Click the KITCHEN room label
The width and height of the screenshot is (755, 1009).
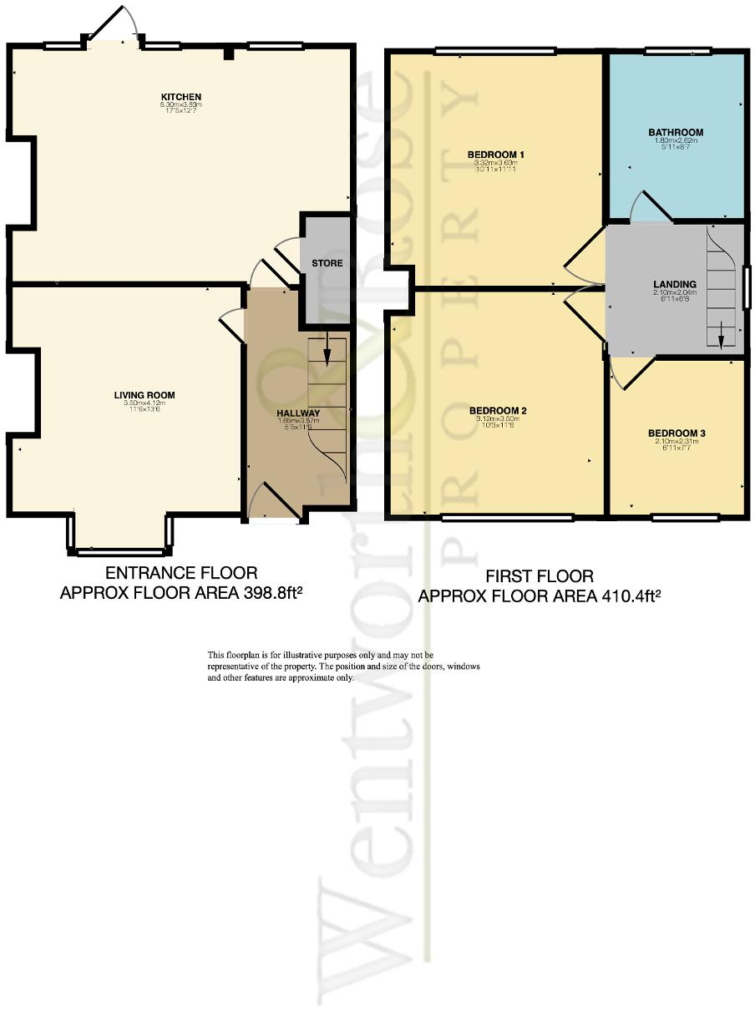180,97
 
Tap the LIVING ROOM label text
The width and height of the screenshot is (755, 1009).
144,395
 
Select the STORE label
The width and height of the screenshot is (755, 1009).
327,263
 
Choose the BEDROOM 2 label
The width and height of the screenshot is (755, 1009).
497,410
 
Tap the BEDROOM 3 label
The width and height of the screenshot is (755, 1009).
676,433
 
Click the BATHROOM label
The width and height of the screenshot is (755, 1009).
676,132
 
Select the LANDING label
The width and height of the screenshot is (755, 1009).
674,284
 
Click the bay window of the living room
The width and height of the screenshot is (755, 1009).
120,551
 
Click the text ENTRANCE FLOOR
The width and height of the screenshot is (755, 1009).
180,573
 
